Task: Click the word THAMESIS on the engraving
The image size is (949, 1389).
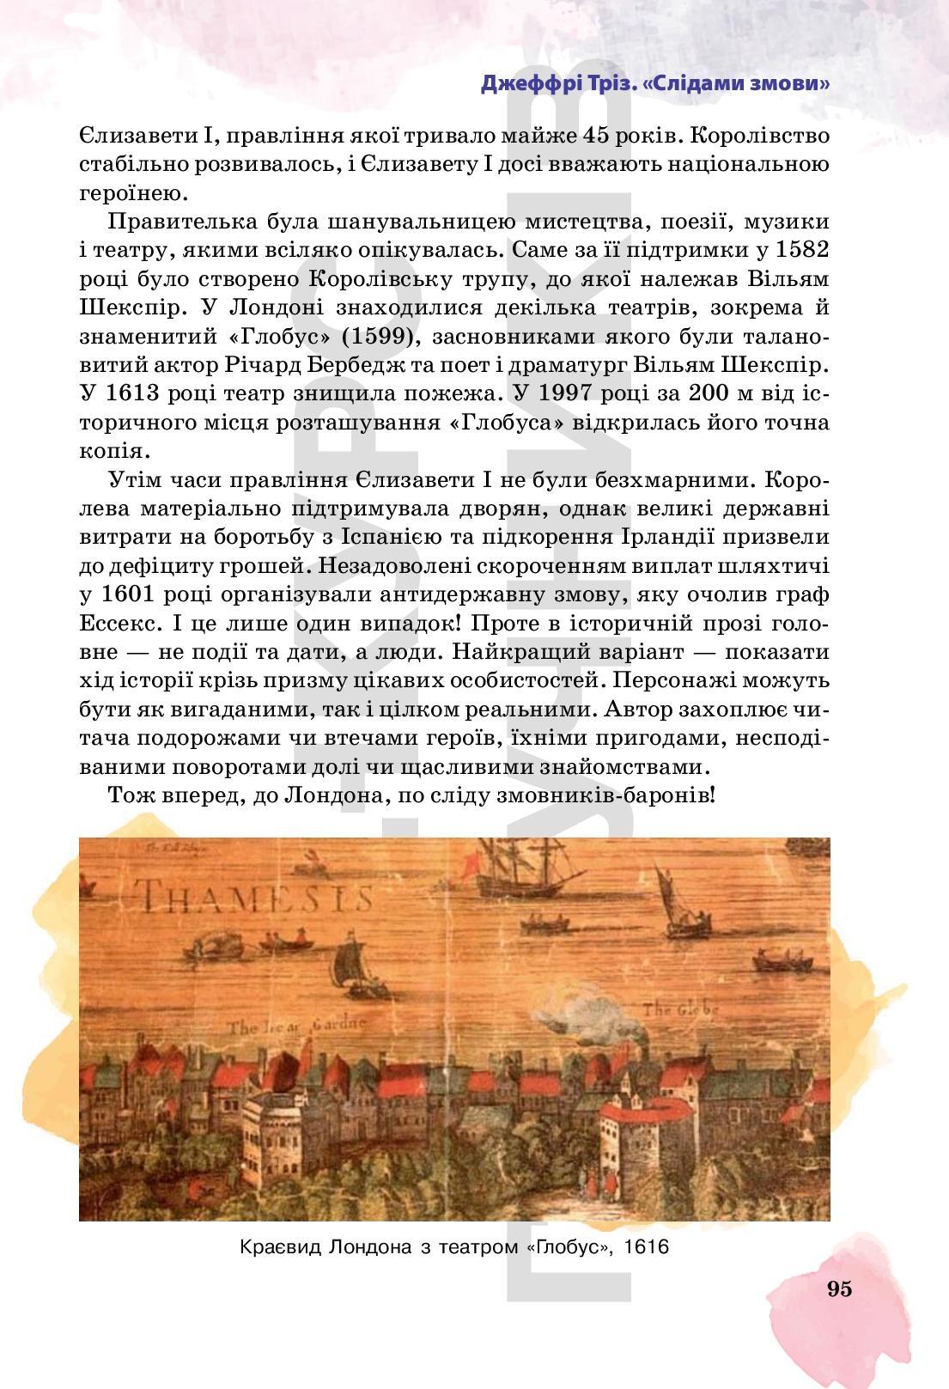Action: coord(257,897)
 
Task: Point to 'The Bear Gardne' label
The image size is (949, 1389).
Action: coord(295,1026)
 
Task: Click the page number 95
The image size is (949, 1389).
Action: coord(839,1288)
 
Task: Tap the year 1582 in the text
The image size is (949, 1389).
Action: coord(801,250)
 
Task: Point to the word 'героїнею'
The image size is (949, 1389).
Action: coord(142,192)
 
